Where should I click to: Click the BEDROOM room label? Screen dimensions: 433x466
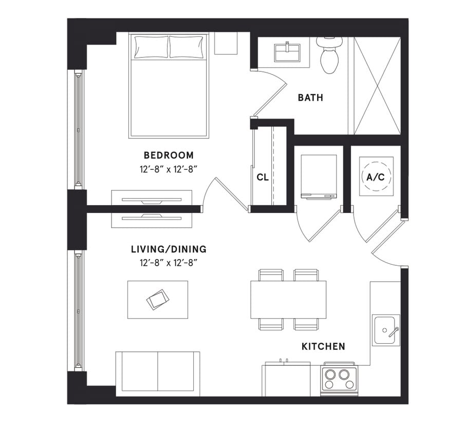click(169, 155)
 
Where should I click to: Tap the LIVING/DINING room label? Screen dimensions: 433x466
click(169, 250)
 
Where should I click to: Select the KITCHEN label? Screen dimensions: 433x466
click(323, 347)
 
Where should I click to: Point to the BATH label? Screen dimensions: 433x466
click(310, 97)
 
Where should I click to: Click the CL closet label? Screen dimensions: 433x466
click(263, 178)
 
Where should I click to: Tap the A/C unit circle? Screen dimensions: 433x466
click(376, 177)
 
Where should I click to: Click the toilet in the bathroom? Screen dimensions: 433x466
click(329, 55)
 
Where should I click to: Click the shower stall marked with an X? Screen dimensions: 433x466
click(377, 86)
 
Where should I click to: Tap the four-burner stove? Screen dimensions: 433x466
click(339, 379)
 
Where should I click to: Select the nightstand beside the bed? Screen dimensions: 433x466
click(226, 44)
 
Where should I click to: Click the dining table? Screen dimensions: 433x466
click(288, 300)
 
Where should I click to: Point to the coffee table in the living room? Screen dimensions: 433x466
click(157, 300)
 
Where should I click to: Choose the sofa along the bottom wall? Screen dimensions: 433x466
click(157, 373)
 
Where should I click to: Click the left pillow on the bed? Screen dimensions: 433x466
click(151, 47)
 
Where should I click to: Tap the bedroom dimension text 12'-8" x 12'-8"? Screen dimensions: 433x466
click(169, 167)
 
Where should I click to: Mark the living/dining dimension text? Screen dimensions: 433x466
click(169, 262)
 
